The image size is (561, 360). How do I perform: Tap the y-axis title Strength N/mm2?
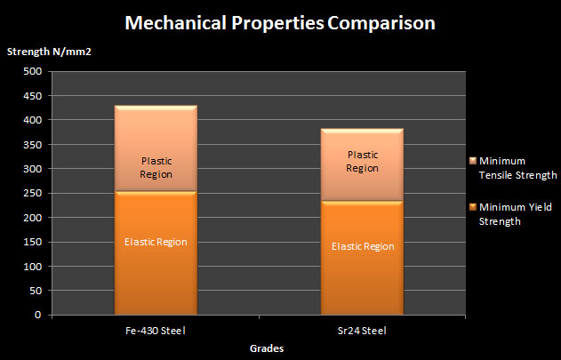[50, 50]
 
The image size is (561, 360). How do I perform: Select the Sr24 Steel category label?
[362, 330]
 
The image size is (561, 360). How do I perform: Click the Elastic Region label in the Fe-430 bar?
[156, 242]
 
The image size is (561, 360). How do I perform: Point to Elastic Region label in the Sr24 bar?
[362, 246]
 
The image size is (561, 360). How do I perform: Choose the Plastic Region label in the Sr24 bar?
[363, 161]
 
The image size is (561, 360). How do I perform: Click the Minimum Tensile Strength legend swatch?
[471, 162]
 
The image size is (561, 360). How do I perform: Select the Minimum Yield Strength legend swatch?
[471, 208]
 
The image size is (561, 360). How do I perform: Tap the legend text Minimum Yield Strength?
[516, 213]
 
